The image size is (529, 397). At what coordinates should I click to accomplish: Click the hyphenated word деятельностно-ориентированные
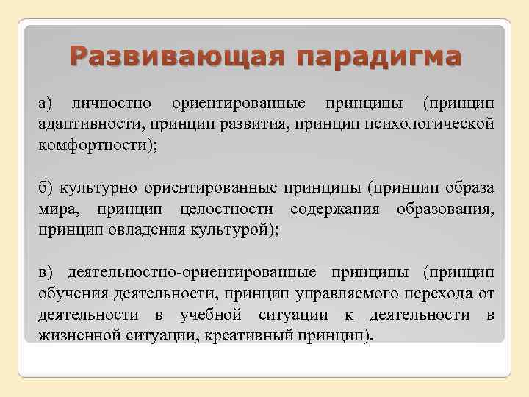click(191, 272)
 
